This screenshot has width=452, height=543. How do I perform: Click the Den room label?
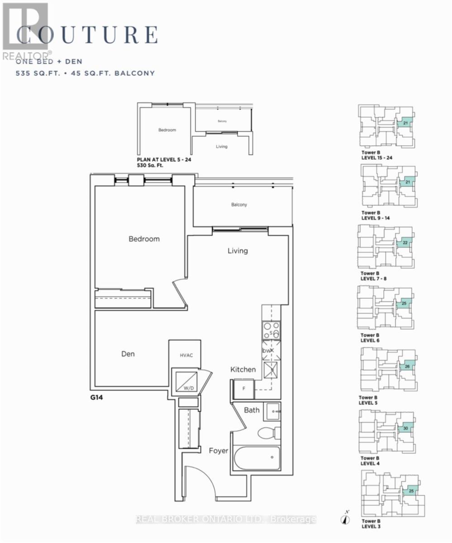(x=128, y=354)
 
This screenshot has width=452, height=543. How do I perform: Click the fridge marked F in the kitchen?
(x=243, y=389)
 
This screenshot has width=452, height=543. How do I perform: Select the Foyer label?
(x=219, y=451)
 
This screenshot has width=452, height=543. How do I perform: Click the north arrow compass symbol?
(x=346, y=517)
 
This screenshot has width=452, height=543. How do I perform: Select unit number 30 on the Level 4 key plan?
(x=406, y=428)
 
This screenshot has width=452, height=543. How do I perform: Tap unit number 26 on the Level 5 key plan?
(x=407, y=367)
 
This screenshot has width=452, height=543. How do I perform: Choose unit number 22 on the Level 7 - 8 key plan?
(x=405, y=243)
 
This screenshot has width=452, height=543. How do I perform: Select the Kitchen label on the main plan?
(x=243, y=370)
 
